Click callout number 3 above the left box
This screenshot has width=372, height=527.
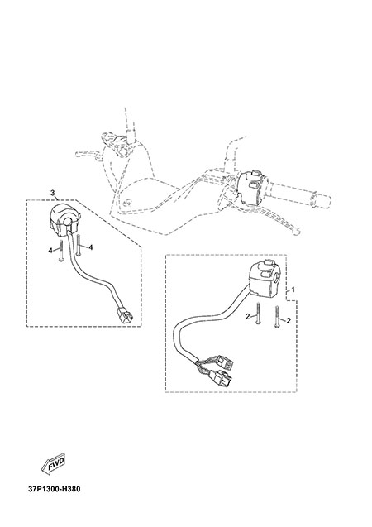point(52,193)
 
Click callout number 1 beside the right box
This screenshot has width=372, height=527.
point(293,290)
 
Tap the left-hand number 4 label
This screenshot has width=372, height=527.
point(50,250)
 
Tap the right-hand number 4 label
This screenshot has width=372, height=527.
point(90,247)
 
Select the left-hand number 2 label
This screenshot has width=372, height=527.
point(247,316)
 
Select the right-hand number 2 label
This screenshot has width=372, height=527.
point(289,321)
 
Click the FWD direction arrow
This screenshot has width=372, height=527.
point(53,465)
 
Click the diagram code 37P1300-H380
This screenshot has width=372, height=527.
point(55,489)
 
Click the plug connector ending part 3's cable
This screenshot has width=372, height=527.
point(124,315)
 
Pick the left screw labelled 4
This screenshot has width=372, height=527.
point(60,251)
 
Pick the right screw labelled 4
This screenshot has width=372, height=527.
point(79,245)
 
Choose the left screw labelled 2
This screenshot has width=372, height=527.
point(258,314)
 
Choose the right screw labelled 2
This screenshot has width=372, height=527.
point(277,316)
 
